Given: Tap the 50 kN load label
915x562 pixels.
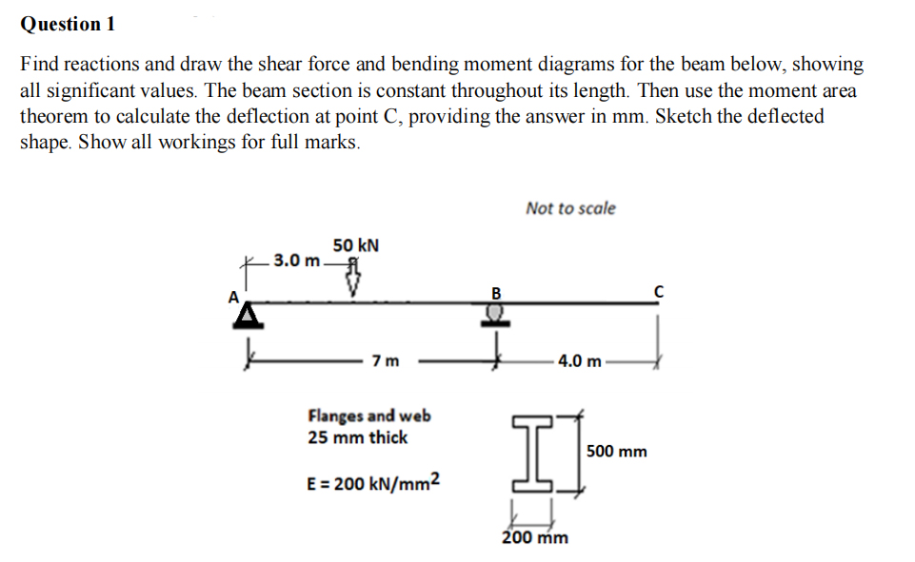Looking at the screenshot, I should pos(356,244).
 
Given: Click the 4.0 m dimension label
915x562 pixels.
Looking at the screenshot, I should pos(580,361).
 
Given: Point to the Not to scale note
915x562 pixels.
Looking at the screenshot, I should pos(570,207).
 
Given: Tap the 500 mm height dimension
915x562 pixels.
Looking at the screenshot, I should pos(617,451).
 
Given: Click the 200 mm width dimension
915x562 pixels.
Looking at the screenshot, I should pos(535,537).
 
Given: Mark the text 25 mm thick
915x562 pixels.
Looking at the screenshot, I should pos(357,437).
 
